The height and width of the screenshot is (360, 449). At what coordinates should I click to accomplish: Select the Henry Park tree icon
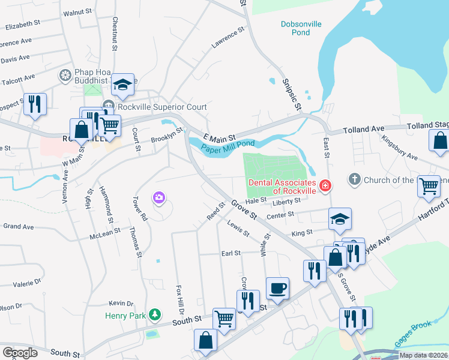point(155,314)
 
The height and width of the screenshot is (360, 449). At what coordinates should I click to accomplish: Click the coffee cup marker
point(277,289)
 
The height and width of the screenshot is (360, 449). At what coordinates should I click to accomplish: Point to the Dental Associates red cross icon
point(325,187)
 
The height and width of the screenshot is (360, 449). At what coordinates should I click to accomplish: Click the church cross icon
point(355,179)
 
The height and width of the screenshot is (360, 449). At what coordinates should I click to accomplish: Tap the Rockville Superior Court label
point(162,107)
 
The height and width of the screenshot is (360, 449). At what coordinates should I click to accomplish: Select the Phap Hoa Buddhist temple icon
point(65,75)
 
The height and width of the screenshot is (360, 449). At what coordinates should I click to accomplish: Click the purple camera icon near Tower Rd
point(159,197)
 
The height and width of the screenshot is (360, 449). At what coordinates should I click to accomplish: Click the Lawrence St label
point(228,37)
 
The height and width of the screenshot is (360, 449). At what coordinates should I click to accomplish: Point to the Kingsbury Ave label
point(399,148)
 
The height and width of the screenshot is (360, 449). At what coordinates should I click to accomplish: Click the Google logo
point(20,352)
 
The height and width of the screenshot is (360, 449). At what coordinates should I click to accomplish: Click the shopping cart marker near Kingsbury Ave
point(429,186)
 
